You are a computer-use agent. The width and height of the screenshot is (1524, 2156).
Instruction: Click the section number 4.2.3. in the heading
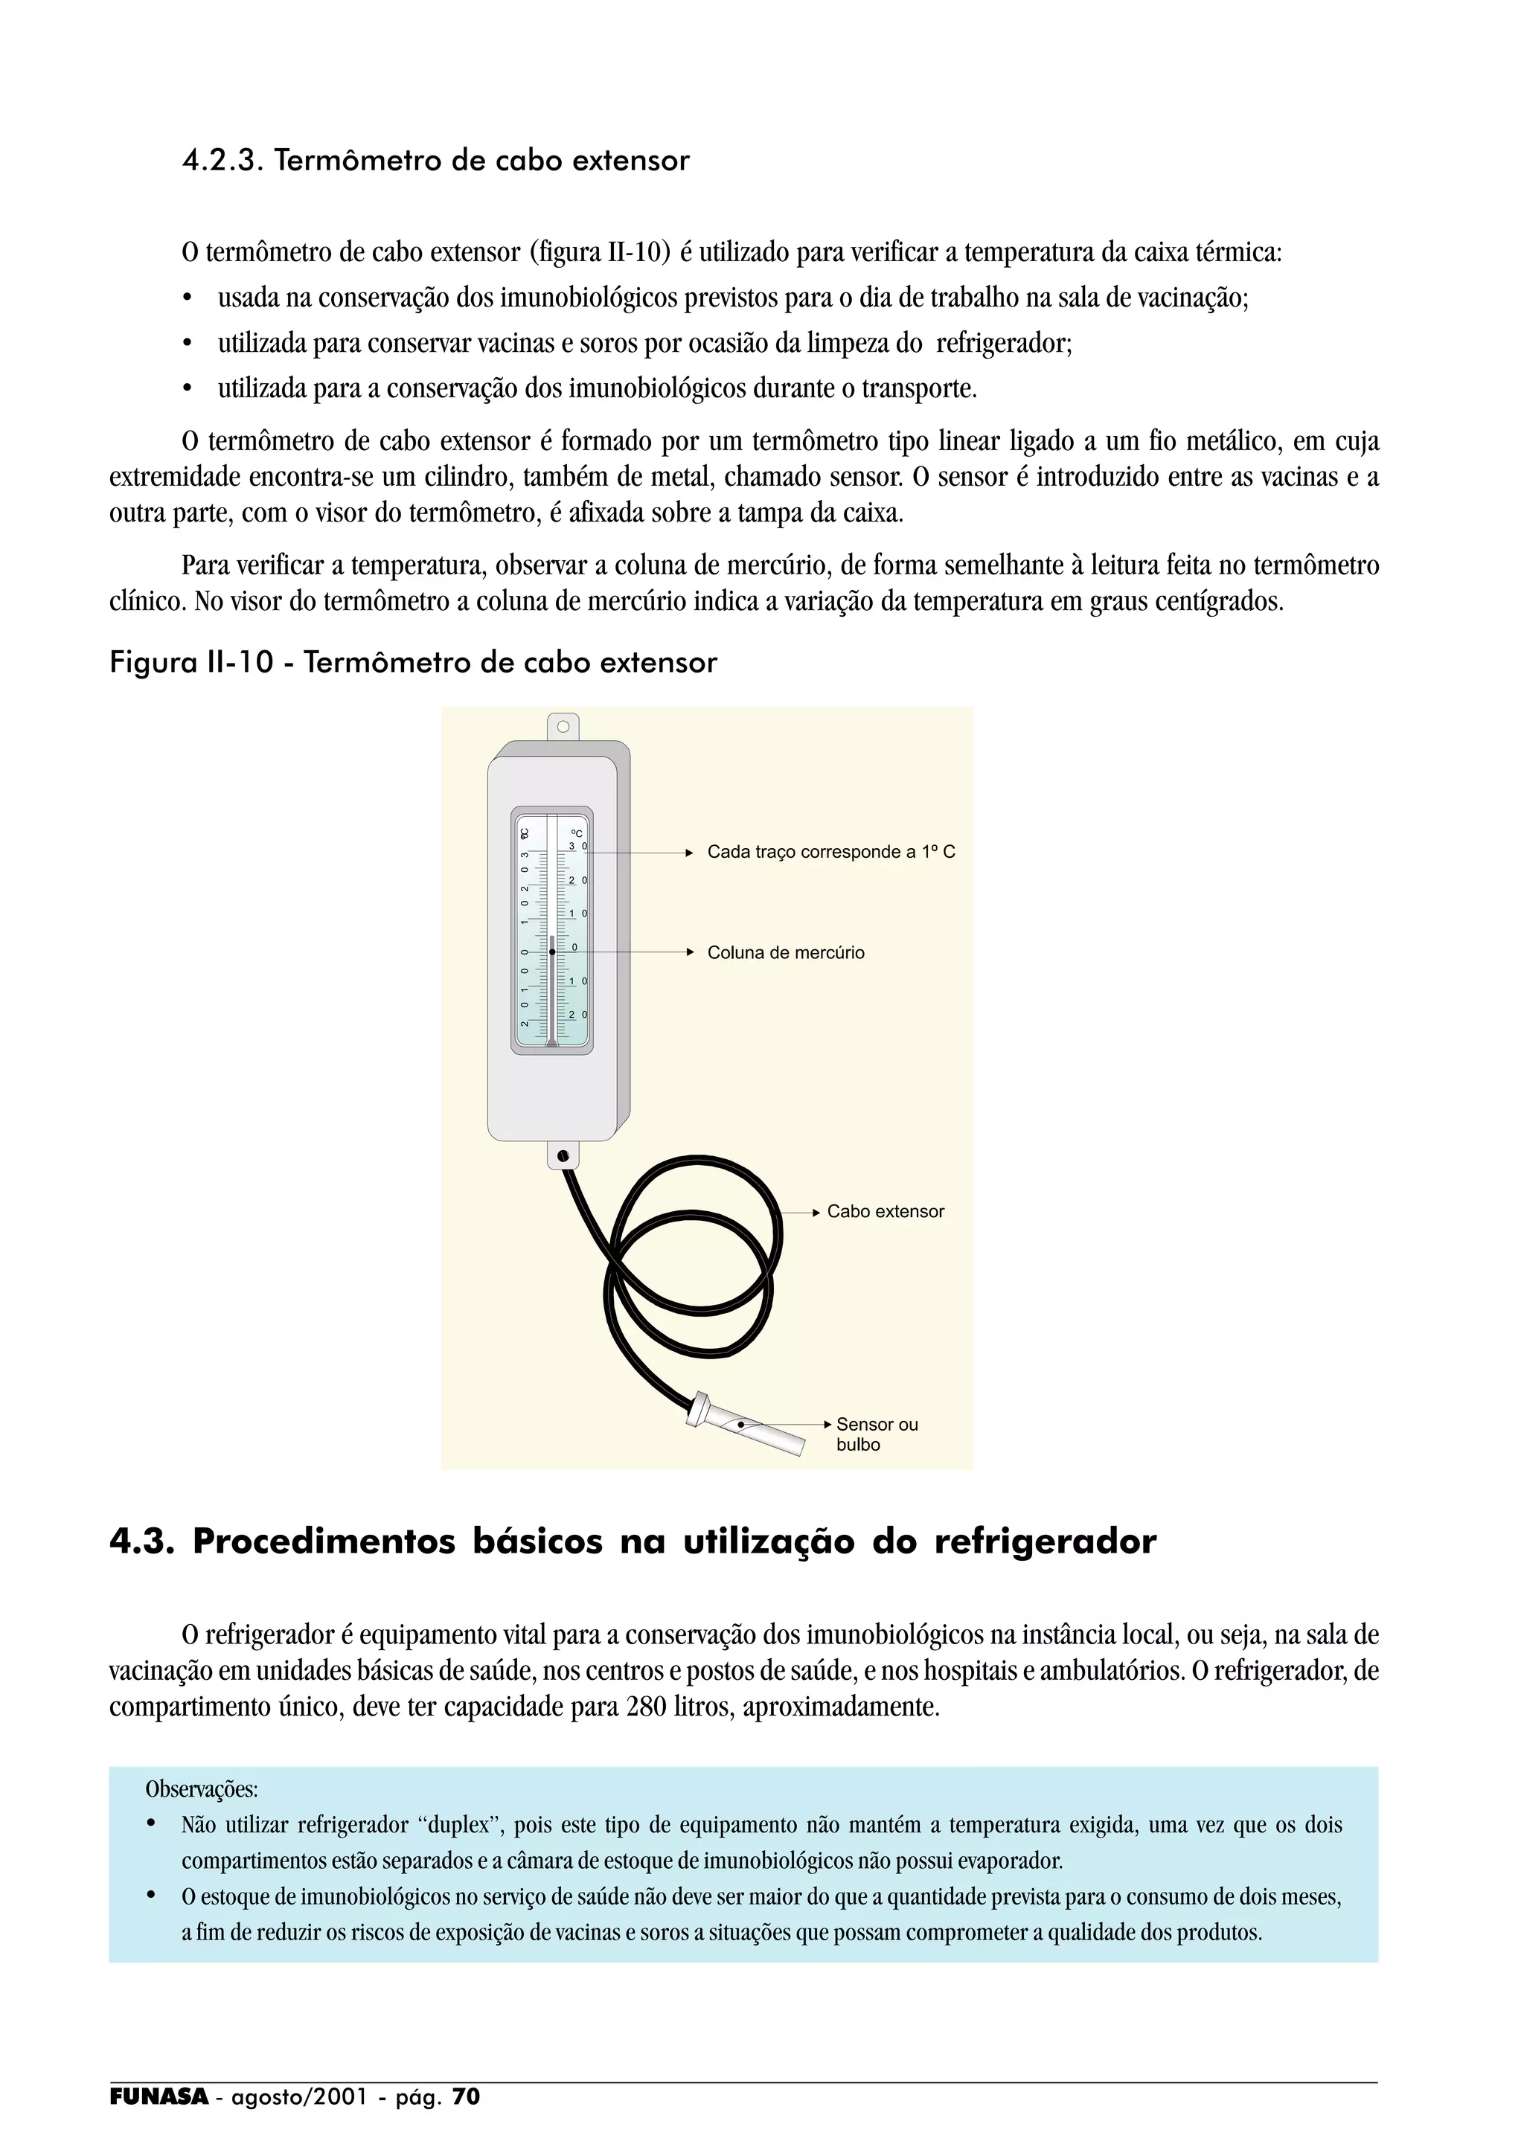click(x=222, y=161)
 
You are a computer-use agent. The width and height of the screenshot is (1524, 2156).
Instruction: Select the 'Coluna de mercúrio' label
click(x=785, y=953)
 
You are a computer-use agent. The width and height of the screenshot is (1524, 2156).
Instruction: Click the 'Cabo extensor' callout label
click(x=885, y=1212)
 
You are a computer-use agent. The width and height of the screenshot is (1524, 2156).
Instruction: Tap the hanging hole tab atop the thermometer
click(x=563, y=726)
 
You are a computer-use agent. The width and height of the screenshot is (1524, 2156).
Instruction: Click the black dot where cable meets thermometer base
click(x=563, y=1156)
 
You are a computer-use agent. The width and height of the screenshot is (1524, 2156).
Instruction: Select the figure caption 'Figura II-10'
click(x=191, y=663)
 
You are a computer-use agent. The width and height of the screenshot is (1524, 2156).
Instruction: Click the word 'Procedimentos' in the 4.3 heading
click(x=324, y=1543)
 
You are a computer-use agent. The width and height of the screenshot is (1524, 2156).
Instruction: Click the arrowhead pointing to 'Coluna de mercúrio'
click(x=688, y=953)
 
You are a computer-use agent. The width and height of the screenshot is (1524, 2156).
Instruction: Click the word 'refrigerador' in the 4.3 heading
click(x=1044, y=1543)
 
